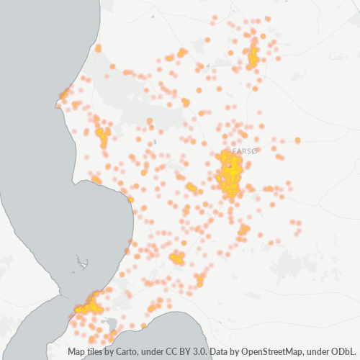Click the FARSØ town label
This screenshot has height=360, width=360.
[x=245, y=151]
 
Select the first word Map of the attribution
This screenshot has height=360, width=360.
[x=78, y=352]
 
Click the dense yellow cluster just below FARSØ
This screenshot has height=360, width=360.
[x=230, y=177]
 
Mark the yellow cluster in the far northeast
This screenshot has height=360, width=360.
[x=253, y=55]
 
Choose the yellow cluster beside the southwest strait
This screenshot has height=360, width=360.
[x=89, y=305]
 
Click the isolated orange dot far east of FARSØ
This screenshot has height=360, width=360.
[x=297, y=140]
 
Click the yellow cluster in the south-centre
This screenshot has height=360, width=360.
[x=176, y=257]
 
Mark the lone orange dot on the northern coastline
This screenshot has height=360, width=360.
[x=99, y=48]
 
